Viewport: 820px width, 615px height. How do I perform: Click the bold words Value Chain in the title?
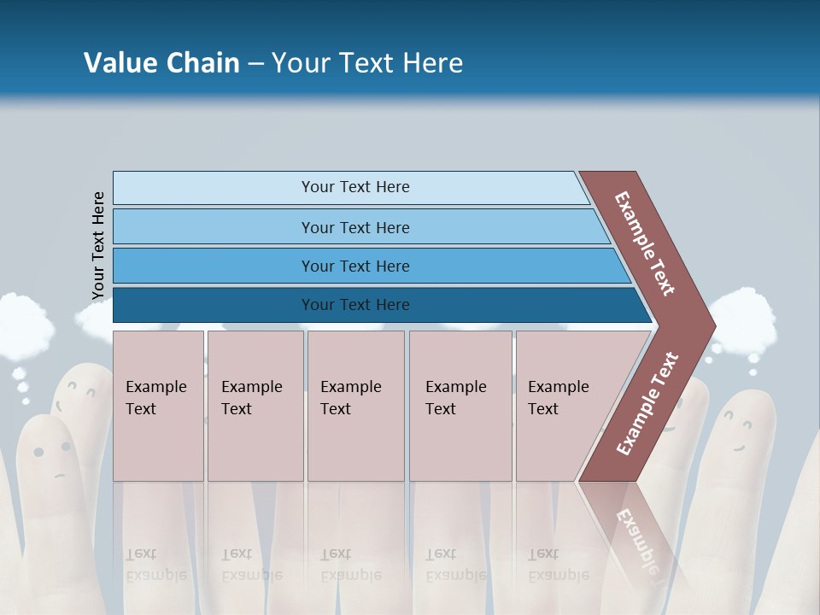(x=161, y=63)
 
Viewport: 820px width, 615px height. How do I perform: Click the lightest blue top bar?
(x=350, y=187)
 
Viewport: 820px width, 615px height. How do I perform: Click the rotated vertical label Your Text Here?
(x=98, y=245)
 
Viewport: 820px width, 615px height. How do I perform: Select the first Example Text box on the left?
(x=158, y=405)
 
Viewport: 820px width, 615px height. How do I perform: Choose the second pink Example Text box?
(x=255, y=405)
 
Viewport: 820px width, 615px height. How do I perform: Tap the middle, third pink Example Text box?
(x=355, y=405)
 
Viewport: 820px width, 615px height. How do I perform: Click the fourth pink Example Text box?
(x=460, y=405)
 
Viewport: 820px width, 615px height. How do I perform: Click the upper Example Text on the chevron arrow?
(x=645, y=243)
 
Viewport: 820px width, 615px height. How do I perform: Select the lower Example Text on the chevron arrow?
(x=647, y=404)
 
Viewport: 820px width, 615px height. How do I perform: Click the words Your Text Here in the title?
(x=367, y=63)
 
